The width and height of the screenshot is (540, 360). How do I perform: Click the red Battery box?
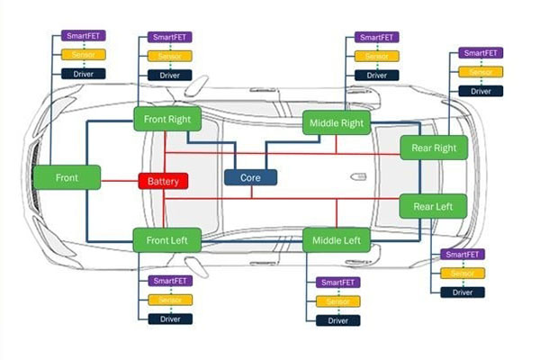pos(163,181)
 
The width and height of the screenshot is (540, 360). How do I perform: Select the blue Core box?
pos(250,177)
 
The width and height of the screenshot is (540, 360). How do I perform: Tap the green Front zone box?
pos(67,177)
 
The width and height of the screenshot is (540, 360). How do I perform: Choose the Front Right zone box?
pos(167,119)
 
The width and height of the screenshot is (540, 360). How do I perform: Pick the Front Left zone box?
pos(167,240)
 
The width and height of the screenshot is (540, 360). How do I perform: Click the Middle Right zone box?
pos(335,122)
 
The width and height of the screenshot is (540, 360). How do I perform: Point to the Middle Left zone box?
pos(336,240)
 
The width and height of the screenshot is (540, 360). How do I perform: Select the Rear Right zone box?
pos(434,147)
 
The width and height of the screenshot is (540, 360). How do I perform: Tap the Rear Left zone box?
pos(434,206)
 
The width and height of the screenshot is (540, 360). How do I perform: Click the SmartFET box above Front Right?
pos(170,38)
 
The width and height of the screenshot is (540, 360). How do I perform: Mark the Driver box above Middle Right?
pos(376,76)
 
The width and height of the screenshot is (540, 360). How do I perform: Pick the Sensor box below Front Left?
pos(170,300)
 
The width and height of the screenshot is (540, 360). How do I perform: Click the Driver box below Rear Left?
pos(463,292)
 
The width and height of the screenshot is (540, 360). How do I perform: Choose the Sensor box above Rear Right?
pos(480,71)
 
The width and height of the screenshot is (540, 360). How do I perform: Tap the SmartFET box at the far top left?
pos(84,35)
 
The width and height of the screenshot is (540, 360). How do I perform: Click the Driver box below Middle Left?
pos(338,320)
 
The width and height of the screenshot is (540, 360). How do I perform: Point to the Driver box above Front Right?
pos(170,75)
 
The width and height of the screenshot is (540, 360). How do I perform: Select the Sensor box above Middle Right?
pos(376,57)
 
